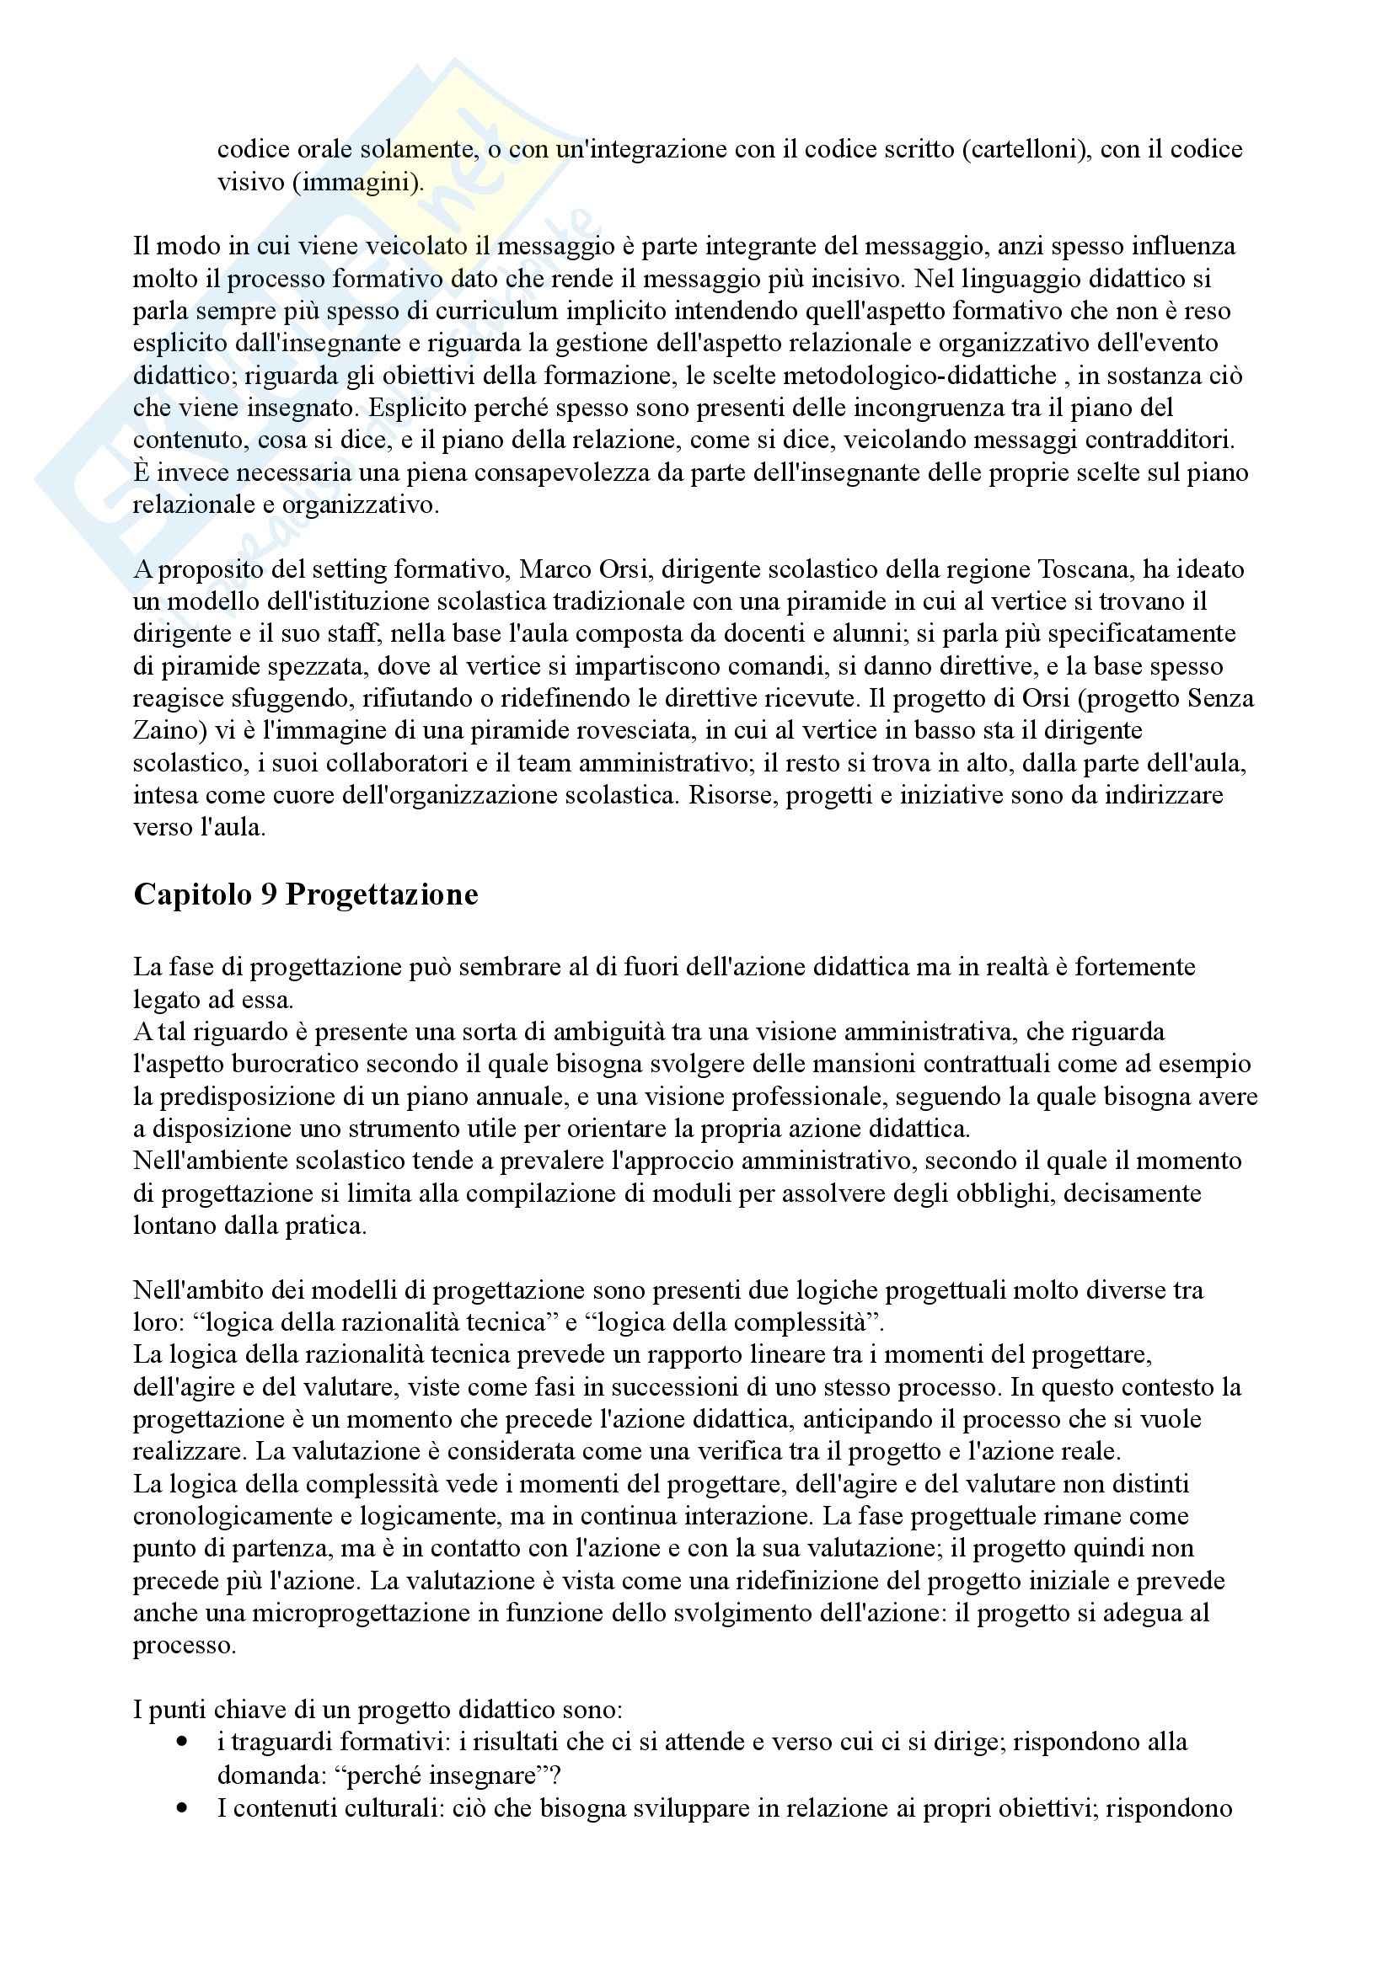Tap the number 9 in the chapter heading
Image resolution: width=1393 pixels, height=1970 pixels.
pos(269,895)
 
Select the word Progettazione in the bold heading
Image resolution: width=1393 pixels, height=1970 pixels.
pos(382,895)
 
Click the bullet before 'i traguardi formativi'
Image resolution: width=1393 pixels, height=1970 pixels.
pos(181,1742)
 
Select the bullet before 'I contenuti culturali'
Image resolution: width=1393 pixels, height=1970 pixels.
pos(181,1807)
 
